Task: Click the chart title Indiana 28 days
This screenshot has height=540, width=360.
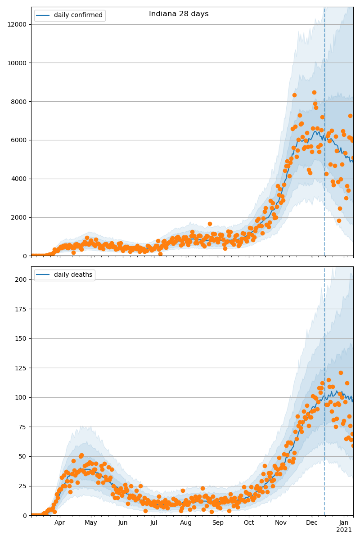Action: click(179, 14)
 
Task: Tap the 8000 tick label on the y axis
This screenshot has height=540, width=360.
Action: click(18, 102)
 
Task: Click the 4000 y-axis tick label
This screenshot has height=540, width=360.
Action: click(18, 179)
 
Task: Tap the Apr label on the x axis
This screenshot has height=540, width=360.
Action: click(59, 523)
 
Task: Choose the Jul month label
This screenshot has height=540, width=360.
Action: click(154, 523)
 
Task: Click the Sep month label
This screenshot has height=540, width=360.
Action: click(218, 523)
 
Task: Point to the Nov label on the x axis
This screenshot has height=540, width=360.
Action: click(281, 523)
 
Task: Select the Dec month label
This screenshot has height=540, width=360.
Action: click(312, 523)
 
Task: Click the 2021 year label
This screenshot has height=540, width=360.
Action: click(344, 530)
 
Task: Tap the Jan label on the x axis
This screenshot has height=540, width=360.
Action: click(344, 523)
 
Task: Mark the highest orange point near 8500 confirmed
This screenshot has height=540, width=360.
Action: click(314, 92)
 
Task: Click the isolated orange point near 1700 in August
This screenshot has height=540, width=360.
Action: click(210, 224)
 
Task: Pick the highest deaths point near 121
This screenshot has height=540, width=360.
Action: click(341, 373)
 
